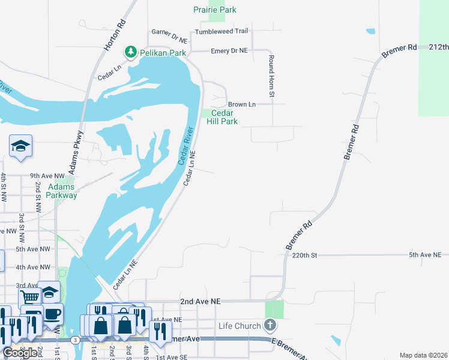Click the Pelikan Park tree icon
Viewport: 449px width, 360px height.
pyautogui.click(x=130, y=53)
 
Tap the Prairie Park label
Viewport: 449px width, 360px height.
pyautogui.click(x=215, y=10)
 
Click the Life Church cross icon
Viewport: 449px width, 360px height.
pyautogui.click(x=270, y=326)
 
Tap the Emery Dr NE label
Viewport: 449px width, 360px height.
pyautogui.click(x=229, y=51)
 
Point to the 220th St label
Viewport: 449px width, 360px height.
pyautogui.click(x=304, y=255)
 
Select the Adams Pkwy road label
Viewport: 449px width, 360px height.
pyautogui.click(x=76, y=154)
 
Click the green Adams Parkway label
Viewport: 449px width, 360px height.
pyautogui.click(x=62, y=191)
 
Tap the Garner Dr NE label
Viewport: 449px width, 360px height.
pyautogui.click(x=169, y=32)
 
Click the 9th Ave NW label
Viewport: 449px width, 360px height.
pyautogui.click(x=47, y=176)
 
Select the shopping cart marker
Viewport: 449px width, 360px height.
pyautogui.click(x=29, y=297)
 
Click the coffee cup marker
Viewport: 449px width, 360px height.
pyautogui.click(x=52, y=313)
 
